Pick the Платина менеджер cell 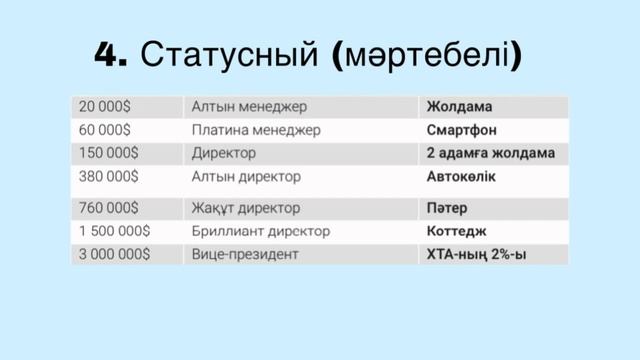pyautogui.click(x=256, y=130)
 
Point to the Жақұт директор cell pyautogui.click(x=246, y=208)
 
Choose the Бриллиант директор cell pyautogui.click(x=261, y=231)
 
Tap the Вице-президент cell pyautogui.click(x=245, y=255)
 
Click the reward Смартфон pyautogui.click(x=462, y=130)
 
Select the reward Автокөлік pyautogui.click(x=461, y=177)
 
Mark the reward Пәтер pyautogui.click(x=447, y=208)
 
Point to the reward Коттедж pyautogui.click(x=456, y=231)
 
